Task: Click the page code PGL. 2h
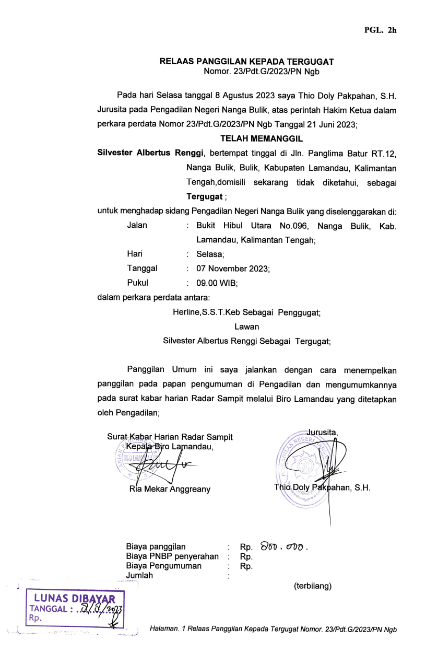pos(380,30)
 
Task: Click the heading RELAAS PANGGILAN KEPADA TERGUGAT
pos(246,62)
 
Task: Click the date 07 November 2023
pos(232,269)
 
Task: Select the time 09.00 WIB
pos(217,283)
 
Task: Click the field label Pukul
pos(137,283)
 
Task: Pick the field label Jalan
pos(137,226)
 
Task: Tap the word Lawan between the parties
pos(246,327)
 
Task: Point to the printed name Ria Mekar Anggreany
pos(170,490)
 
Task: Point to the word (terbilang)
pos(313,586)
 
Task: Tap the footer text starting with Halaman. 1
pos(273,630)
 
